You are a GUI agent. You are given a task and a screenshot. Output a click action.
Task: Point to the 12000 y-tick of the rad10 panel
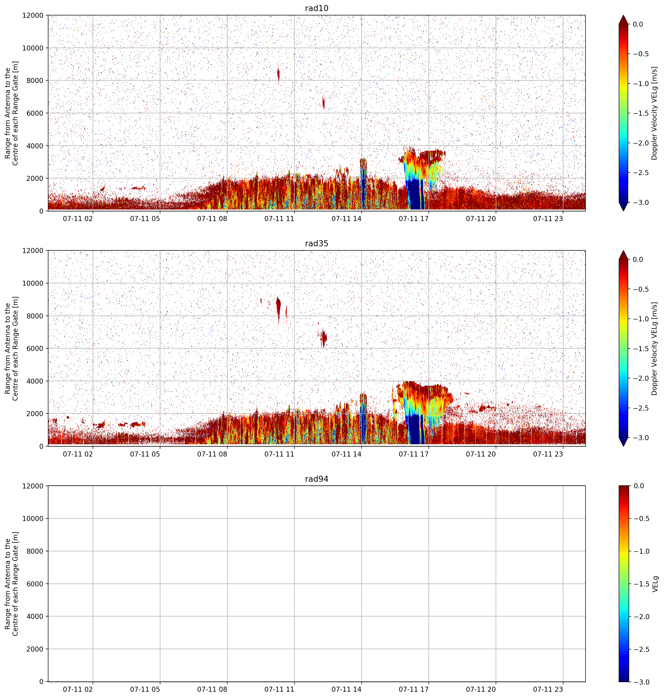tap(33, 16)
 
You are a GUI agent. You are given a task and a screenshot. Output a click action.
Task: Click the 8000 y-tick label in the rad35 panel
tap(35, 316)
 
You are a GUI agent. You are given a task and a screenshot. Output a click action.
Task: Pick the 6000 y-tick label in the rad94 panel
tap(35, 584)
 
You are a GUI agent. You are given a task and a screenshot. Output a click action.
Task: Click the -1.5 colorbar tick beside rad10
tap(641, 113)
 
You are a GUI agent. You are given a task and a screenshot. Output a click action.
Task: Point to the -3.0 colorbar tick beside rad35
tap(641, 438)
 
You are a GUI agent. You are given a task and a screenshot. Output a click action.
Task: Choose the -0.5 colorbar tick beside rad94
tap(641, 518)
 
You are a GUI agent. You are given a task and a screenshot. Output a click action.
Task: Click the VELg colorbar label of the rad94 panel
tap(655, 584)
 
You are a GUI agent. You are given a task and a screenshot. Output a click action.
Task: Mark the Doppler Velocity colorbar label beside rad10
tap(654, 113)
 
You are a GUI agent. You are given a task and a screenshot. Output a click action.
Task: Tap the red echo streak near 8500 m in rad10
tap(278, 75)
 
